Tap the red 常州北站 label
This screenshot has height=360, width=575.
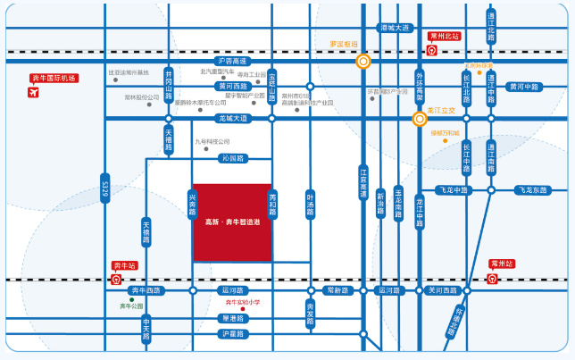[x=444, y=37]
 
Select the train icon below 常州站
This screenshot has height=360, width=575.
[x=492, y=279]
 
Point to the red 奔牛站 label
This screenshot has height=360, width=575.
[x=124, y=265]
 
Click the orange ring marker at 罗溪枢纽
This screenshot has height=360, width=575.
[x=363, y=62]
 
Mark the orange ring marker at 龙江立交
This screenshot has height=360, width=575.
[x=420, y=118]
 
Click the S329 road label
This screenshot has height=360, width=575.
[x=104, y=189]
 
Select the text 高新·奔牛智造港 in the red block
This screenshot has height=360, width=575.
[x=232, y=221]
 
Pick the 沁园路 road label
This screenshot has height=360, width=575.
[x=232, y=158]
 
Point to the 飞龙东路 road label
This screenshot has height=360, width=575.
[x=532, y=189]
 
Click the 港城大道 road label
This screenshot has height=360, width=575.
[x=393, y=28]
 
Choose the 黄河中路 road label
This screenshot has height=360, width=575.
[x=523, y=87]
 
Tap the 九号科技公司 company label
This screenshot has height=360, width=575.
[x=212, y=141]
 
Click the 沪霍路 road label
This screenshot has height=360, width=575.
[x=232, y=334]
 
